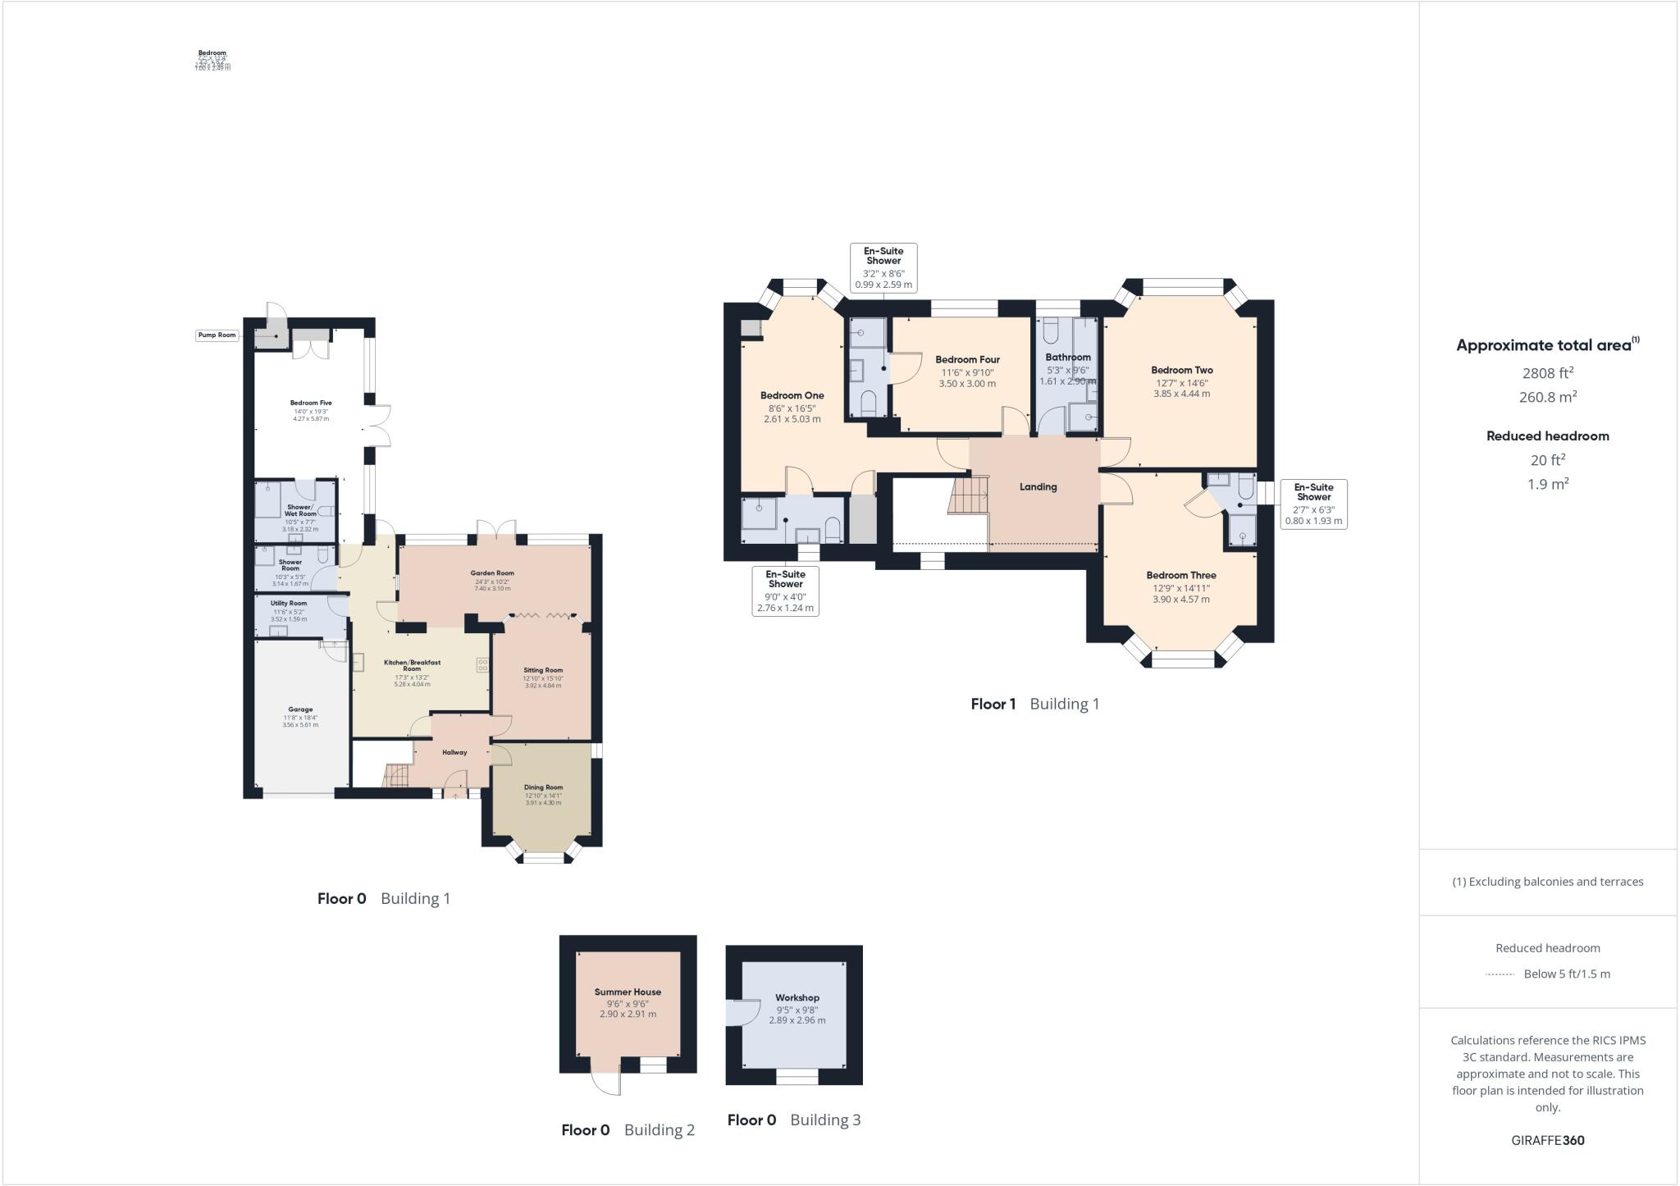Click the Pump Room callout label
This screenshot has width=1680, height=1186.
tap(217, 335)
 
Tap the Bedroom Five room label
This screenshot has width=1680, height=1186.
tap(310, 403)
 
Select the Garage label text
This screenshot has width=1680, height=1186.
tap(300, 709)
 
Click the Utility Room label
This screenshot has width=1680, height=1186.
tap(288, 603)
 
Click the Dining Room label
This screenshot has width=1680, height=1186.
tap(543, 787)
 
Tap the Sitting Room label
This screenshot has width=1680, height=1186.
tap(543, 670)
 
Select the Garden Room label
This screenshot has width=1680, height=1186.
tap(492, 573)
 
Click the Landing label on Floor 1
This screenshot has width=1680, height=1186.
tap(1038, 486)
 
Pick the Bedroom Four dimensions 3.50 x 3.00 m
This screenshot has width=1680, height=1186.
tap(967, 383)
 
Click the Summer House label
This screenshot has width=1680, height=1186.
tap(628, 992)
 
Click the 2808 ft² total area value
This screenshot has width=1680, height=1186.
tap(1547, 373)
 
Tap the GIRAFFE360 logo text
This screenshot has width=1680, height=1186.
tap(1547, 1140)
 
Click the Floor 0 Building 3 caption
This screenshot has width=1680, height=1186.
tap(793, 1120)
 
